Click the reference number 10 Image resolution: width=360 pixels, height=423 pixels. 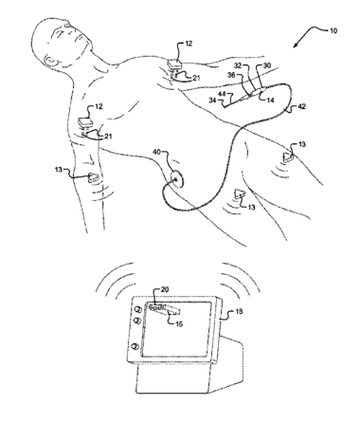click(x=333, y=31)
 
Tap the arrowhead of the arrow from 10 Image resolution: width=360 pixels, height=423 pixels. click(x=295, y=46)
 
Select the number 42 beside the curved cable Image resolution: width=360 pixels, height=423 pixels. click(x=302, y=107)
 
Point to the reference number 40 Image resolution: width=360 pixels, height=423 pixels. click(x=157, y=152)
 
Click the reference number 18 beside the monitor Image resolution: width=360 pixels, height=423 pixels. click(x=239, y=312)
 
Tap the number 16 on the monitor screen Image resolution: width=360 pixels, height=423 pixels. click(x=179, y=324)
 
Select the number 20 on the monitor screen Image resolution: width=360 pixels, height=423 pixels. click(x=165, y=289)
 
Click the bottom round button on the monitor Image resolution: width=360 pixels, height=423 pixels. click(x=136, y=346)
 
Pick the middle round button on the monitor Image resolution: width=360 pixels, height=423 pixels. click(x=137, y=321)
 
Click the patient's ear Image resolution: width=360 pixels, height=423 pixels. click(x=51, y=60)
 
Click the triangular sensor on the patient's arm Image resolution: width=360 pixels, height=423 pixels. click(x=94, y=176)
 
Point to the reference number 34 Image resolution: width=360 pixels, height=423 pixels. click(x=212, y=101)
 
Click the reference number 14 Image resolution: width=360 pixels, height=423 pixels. click(x=270, y=101)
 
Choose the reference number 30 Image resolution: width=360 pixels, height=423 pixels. click(x=267, y=65)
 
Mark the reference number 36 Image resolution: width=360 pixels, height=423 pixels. click(x=231, y=76)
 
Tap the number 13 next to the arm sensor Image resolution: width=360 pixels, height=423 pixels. click(x=59, y=170)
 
